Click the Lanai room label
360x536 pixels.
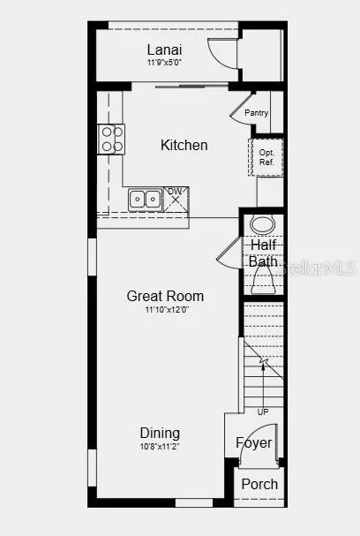click(164, 50)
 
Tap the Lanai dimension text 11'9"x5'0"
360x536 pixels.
click(164, 63)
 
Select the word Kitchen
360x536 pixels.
click(184, 145)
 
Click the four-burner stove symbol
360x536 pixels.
click(111, 140)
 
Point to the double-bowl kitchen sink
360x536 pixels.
click(146, 200)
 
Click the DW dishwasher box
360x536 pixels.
click(176, 199)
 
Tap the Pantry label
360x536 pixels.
click(256, 112)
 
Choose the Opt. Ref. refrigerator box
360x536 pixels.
click(266, 157)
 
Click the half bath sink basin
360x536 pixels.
click(262, 224)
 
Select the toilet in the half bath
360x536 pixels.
click(263, 280)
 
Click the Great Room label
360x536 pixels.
click(165, 296)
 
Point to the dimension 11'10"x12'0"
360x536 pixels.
click(167, 310)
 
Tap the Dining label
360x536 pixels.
click(160, 433)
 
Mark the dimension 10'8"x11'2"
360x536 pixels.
click(160, 447)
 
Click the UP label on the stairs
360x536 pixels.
click(263, 412)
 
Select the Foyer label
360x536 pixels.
click(254, 442)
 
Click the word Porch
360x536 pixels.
click(259, 484)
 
